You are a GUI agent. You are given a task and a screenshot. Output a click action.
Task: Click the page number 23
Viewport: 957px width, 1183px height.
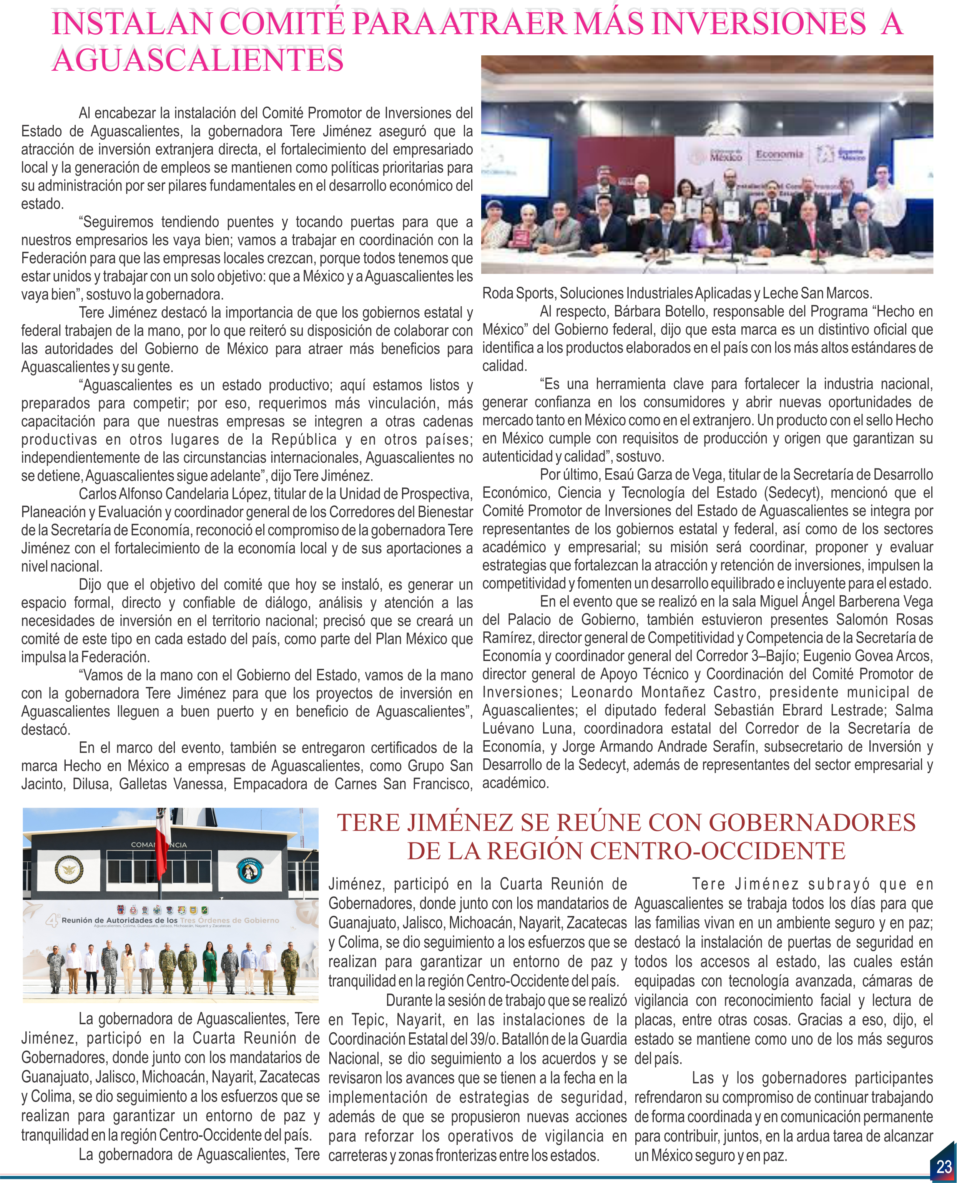click(944, 1166)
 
